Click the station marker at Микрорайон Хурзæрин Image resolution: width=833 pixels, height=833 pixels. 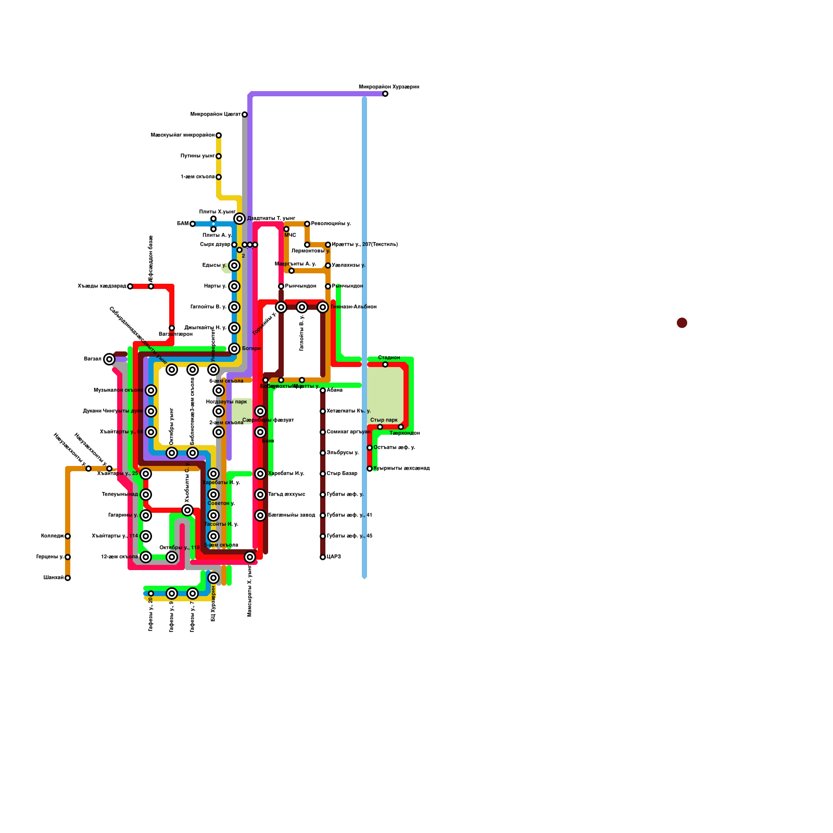point(385,94)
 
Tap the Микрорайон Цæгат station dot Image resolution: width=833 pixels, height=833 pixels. point(245,115)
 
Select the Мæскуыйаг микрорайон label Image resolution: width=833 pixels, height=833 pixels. point(182,135)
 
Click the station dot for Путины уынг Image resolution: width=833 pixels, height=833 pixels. point(219,156)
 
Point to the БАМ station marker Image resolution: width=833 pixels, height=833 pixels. point(193,224)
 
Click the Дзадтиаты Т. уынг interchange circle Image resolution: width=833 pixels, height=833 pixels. point(239,219)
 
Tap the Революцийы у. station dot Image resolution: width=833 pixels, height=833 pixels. point(307,224)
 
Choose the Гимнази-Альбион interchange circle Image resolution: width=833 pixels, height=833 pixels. point(323,307)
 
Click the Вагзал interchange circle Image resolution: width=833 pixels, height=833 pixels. point(109,359)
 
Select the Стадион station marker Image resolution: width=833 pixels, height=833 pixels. point(385,364)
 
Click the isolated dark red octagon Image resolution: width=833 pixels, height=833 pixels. point(682,323)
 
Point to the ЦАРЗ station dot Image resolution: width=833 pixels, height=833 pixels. point(323,557)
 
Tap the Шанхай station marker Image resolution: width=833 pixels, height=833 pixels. point(68,578)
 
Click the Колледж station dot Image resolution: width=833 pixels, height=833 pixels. point(68,536)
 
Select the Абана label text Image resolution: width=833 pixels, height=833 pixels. point(335,390)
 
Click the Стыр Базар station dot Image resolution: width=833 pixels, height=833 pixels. point(323,474)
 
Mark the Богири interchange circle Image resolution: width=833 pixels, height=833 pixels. point(234,349)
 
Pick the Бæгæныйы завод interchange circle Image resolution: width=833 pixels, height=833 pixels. point(260,515)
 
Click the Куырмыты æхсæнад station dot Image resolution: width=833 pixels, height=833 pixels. point(370,469)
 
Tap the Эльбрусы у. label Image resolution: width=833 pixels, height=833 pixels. point(343,452)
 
